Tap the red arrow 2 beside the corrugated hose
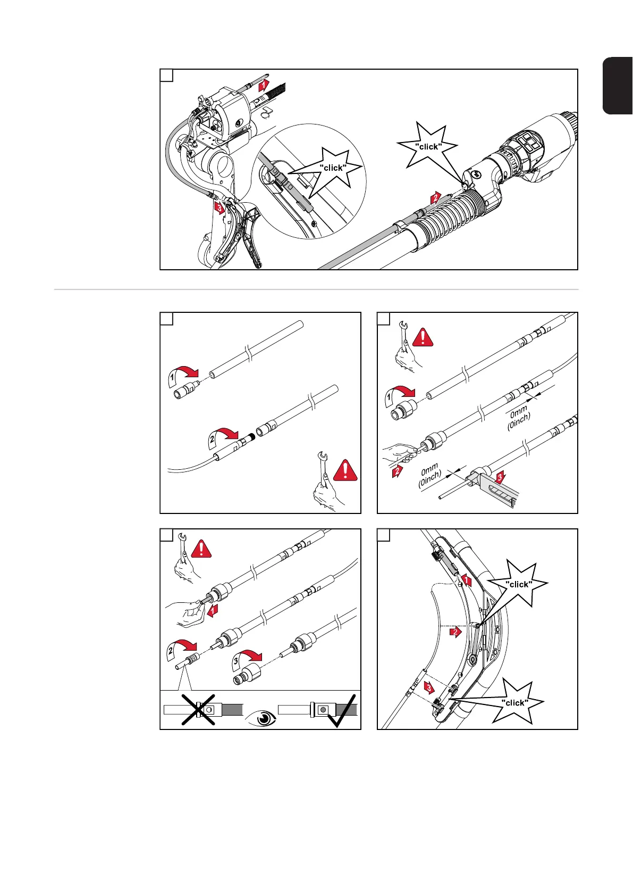click(435, 198)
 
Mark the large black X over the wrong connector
click(198, 709)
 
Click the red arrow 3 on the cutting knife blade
click(499, 478)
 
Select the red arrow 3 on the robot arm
click(219, 207)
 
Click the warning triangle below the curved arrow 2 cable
click(345, 470)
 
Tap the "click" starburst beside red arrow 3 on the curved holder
click(514, 702)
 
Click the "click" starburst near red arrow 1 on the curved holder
click(518, 584)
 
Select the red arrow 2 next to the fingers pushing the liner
click(397, 471)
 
